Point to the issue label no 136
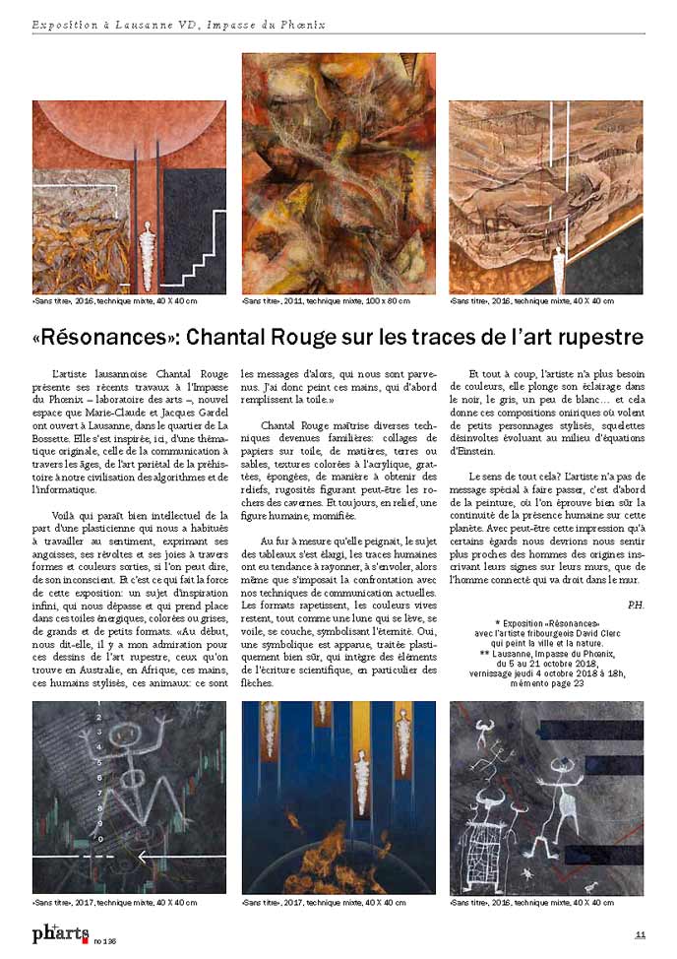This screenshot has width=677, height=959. [x=105, y=938]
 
